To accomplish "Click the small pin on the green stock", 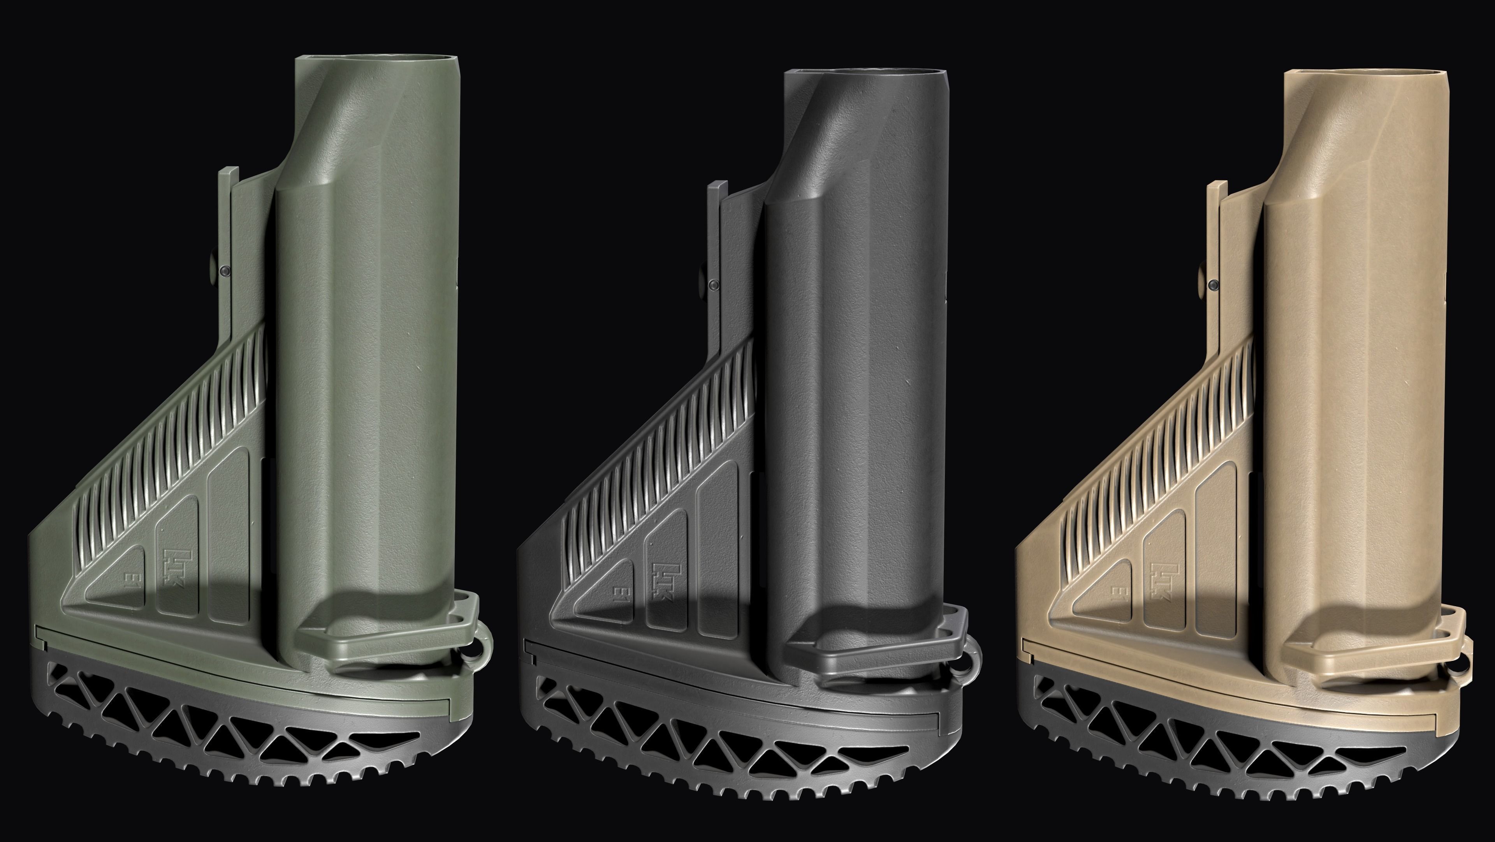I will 224,271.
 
